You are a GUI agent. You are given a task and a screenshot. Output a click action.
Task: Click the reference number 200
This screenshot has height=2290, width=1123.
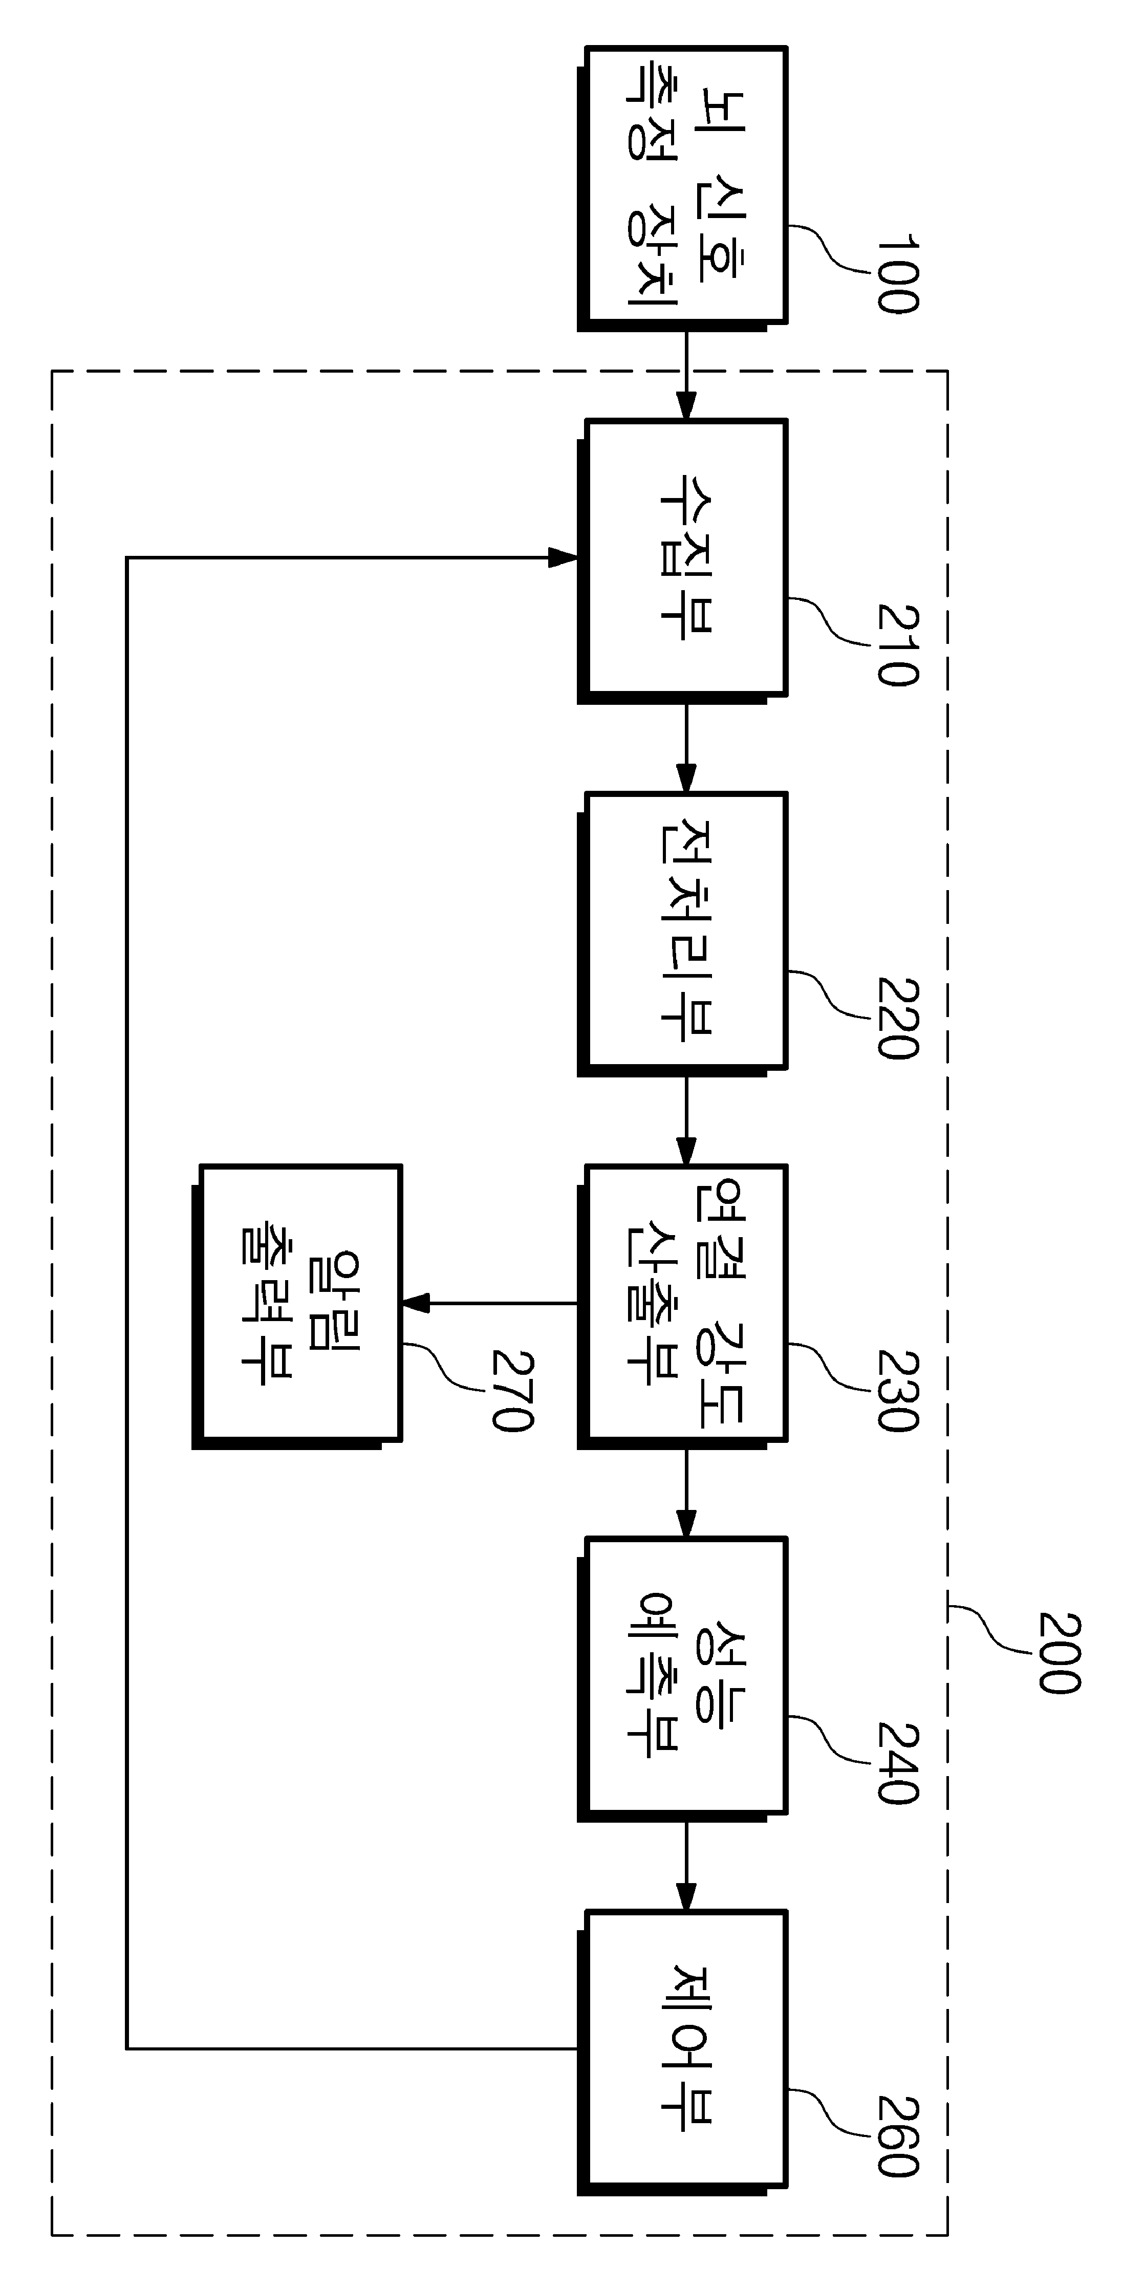pos(1058,1653)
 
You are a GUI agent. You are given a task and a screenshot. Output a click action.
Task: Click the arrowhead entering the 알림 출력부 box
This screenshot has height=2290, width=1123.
pos(416,1303)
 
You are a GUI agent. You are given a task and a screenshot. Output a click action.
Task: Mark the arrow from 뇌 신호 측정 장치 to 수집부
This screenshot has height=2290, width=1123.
pos(685,374)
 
